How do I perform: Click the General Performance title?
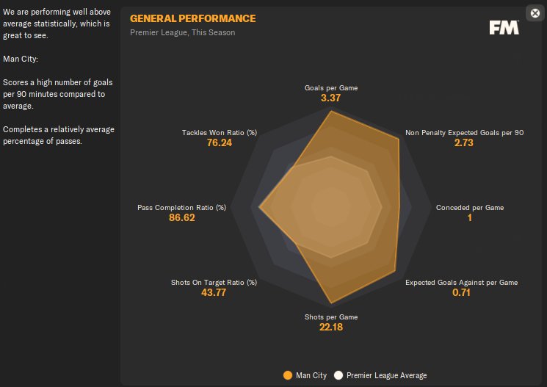192,18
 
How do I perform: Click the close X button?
535,12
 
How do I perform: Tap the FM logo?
504,27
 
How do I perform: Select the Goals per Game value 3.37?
331,98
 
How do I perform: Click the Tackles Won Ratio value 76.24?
220,143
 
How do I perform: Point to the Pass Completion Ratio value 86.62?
182,218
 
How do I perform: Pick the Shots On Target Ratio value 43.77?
214,292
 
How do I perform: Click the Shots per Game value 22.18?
331,327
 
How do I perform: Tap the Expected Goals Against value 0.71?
461,292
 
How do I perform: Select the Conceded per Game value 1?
470,218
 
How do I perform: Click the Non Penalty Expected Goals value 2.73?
464,143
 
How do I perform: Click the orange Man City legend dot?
288,376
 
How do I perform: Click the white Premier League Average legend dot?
338,376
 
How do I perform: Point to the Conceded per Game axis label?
470,208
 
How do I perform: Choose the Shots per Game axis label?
331,317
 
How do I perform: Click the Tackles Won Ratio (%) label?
220,133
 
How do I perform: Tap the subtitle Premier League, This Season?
183,32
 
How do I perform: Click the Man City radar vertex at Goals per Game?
331,112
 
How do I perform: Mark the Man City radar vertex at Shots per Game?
331,303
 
